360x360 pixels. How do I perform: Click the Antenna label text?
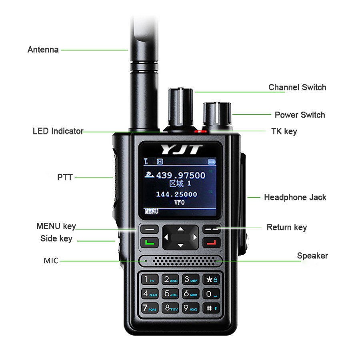(x=43, y=50)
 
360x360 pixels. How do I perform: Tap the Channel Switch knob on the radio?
(x=179, y=107)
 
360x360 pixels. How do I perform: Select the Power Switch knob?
(x=217, y=116)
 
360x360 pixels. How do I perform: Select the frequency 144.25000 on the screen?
(x=176, y=194)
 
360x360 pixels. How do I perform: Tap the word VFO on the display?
(x=180, y=202)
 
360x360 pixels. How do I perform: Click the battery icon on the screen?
(x=212, y=162)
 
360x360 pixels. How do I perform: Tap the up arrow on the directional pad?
(x=180, y=229)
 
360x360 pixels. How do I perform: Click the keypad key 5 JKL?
(x=170, y=294)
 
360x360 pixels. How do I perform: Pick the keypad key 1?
(x=150, y=279)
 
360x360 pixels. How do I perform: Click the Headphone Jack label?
(x=295, y=197)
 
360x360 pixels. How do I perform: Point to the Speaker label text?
(x=312, y=256)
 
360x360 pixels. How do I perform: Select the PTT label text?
(x=65, y=177)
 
